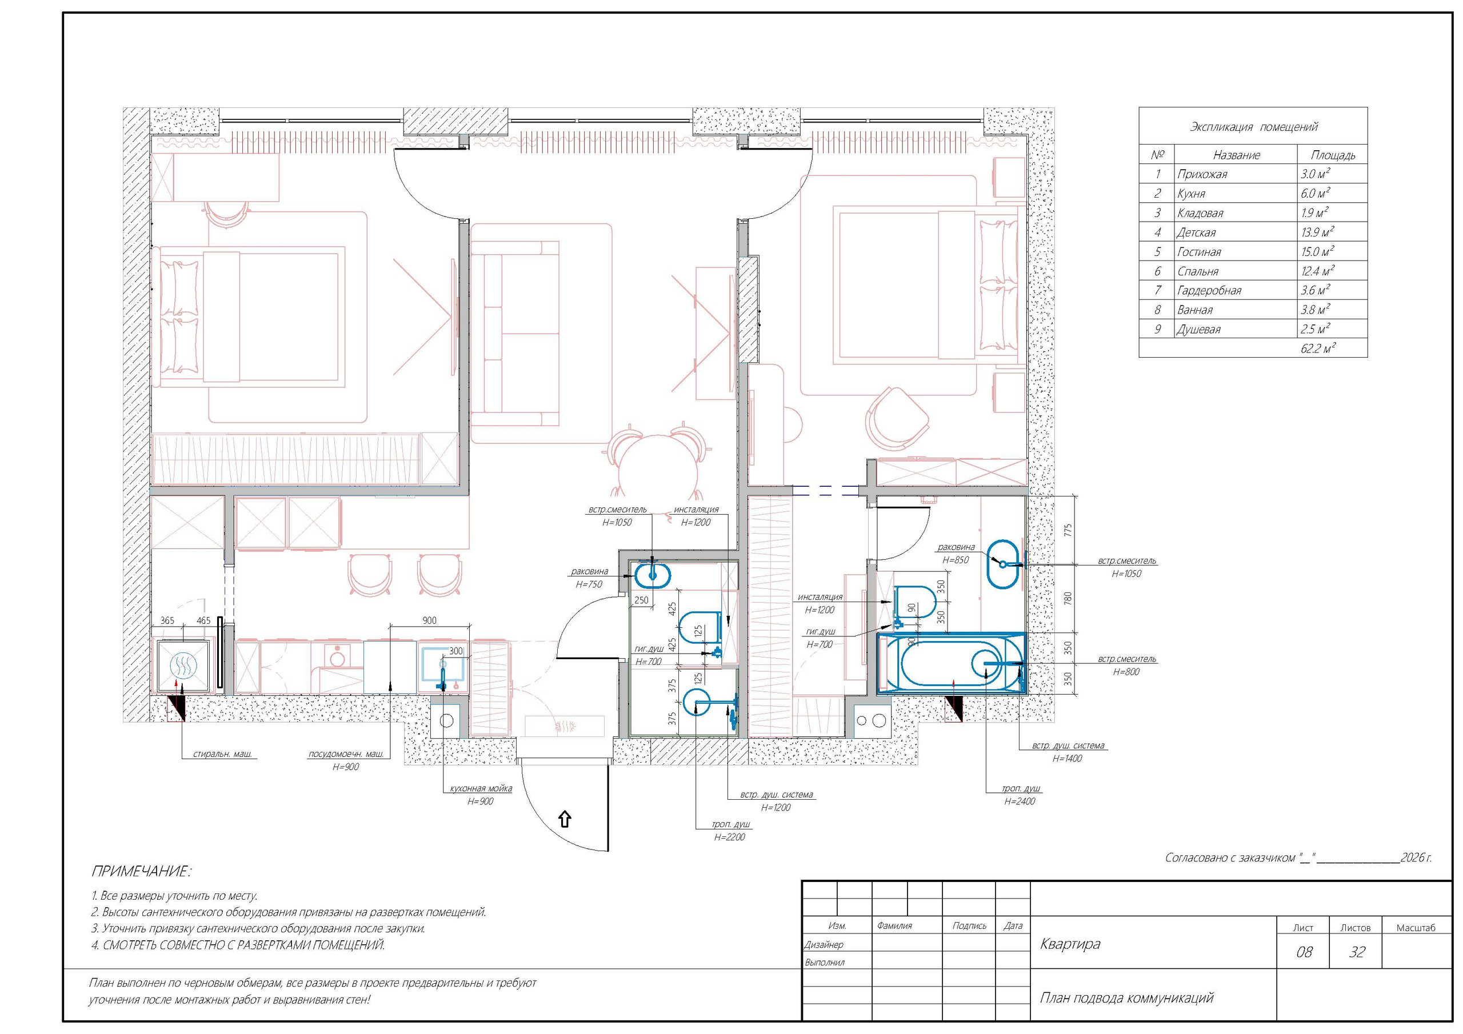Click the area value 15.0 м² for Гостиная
(1318, 252)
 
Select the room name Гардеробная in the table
(1209, 291)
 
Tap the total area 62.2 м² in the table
(1318, 348)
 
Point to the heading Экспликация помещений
(1253, 127)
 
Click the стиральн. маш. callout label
(222, 754)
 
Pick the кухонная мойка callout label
(481, 788)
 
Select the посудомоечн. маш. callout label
(346, 754)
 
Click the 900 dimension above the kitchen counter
(429, 620)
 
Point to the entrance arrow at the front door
(565, 819)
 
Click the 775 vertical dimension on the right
(1068, 530)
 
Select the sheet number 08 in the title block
(1304, 952)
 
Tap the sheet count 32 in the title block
(1357, 952)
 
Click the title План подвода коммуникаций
(1126, 997)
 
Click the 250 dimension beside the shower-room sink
(641, 600)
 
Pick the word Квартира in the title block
(1070, 944)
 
